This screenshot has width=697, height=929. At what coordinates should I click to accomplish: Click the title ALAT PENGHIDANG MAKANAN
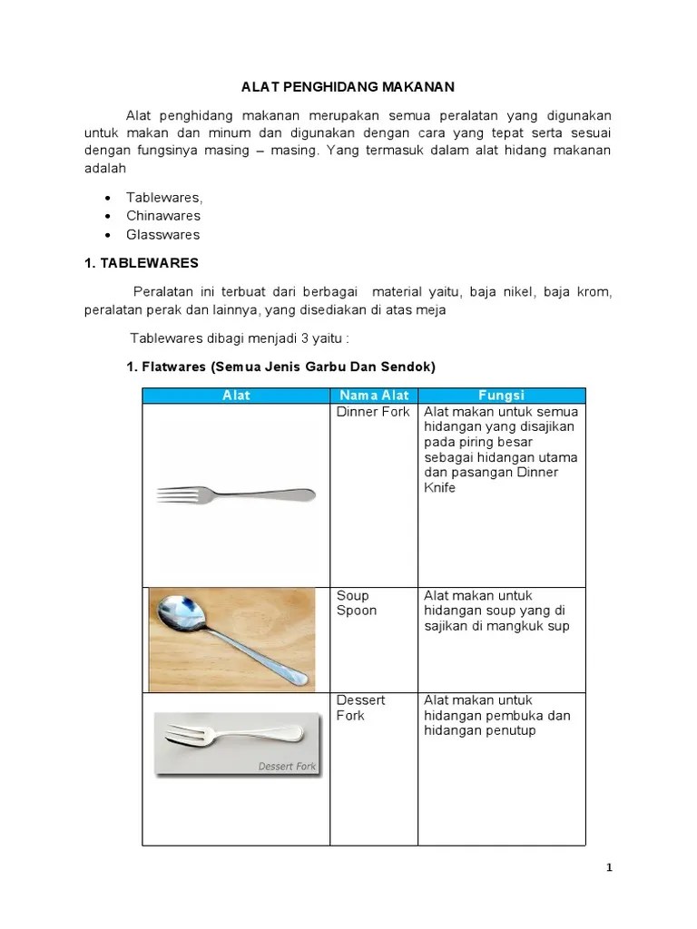point(347,87)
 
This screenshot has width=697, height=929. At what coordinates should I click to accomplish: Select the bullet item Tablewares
point(164,197)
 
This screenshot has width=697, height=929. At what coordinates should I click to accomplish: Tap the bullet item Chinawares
point(163,216)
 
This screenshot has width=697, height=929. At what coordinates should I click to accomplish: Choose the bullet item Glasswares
point(162,235)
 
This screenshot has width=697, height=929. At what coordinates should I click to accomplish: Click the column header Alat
point(236,396)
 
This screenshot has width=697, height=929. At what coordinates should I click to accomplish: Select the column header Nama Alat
point(374,396)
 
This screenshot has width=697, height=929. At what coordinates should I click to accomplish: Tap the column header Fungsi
point(501,396)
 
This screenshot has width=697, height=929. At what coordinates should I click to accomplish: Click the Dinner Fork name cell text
point(373,412)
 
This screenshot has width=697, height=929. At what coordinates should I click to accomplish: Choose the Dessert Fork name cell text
point(361,708)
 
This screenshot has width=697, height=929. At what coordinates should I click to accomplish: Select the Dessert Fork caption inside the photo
point(287,767)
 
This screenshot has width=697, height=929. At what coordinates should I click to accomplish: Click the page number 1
point(610,867)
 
